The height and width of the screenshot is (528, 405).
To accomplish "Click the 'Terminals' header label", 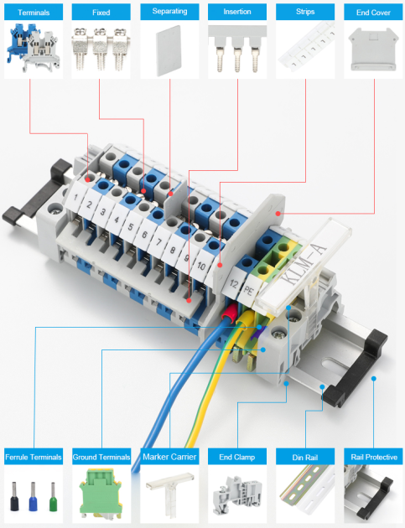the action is tap(34, 13).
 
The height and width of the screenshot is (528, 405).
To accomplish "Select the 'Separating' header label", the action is tap(169, 11).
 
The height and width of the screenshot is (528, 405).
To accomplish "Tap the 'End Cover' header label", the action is tap(373, 13).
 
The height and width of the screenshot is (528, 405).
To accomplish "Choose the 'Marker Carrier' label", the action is tap(169, 457).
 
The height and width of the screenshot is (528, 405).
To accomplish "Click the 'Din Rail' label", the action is tap(305, 458).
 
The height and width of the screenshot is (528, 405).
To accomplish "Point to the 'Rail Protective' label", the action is tap(374, 457).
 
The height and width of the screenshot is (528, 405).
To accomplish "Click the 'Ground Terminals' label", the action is tap(101, 457).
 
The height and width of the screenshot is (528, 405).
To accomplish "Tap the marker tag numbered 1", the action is tap(76, 196).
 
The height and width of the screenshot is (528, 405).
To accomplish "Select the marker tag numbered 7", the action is tap(158, 241).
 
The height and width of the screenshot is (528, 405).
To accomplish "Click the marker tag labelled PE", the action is tap(249, 290).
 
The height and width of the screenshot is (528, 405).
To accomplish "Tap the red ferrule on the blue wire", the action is tap(229, 312).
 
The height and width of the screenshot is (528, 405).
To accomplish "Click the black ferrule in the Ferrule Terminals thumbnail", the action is tap(14, 496).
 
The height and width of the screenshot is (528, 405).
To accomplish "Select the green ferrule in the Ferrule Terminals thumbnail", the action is tap(53, 496).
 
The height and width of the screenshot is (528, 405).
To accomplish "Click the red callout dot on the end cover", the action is tap(278, 213).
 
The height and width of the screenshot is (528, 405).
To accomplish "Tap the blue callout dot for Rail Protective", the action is tap(373, 379).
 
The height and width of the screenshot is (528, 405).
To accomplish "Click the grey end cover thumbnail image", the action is tap(373, 49).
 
